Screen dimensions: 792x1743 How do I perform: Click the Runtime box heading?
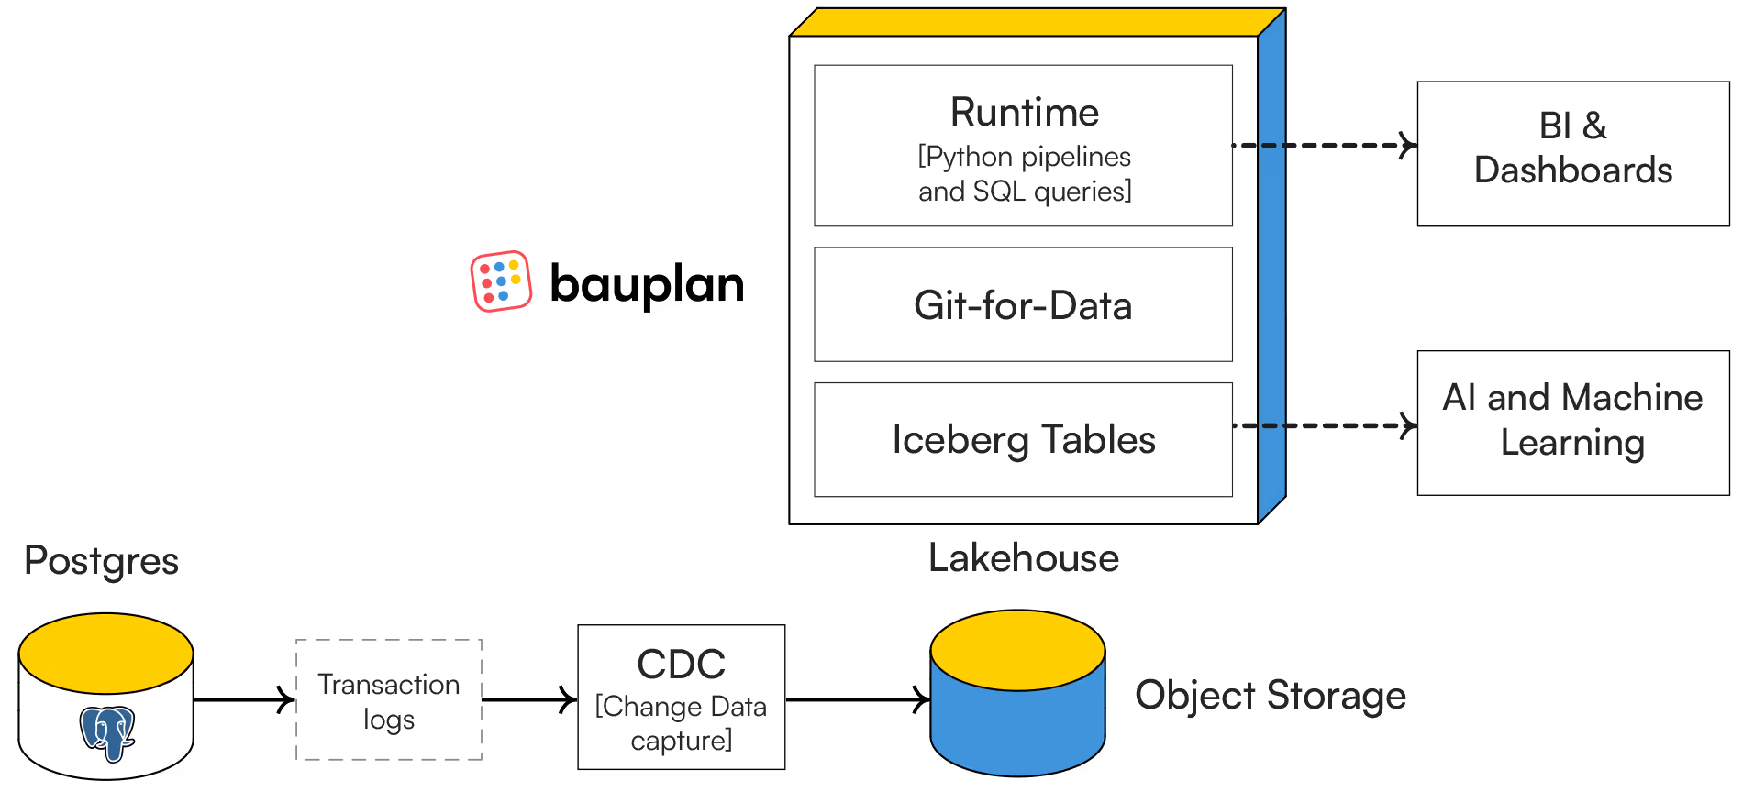point(1024,113)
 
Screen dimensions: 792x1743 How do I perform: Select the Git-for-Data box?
point(1023,305)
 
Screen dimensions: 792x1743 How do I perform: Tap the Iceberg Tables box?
point(1023,440)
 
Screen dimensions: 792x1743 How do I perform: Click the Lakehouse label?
point(1023,558)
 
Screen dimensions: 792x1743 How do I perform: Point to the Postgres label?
point(101,561)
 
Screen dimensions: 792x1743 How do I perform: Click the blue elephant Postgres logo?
point(107,733)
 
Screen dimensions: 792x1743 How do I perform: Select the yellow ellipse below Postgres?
point(105,653)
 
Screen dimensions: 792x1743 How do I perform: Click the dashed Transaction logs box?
point(389,699)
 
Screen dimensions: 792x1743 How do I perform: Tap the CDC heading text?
point(681,665)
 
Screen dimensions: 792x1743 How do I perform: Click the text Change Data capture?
point(681,723)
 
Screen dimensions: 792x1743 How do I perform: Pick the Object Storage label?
point(1271,696)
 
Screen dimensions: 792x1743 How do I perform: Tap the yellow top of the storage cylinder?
point(1017,649)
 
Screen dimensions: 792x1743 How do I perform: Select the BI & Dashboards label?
point(1572,148)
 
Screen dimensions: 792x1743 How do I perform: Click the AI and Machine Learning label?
point(1572,420)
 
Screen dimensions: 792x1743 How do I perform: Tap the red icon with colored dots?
point(501,280)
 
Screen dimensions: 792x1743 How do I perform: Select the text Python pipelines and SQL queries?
point(1025,174)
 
